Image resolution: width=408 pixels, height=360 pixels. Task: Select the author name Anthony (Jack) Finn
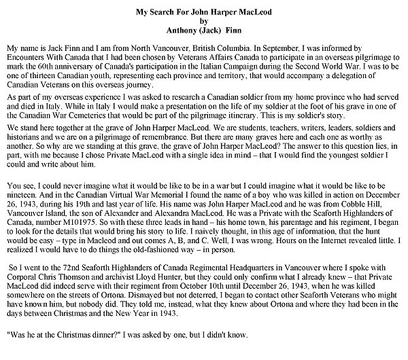tap(203, 31)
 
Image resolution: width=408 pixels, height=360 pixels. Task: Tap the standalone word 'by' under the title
tap(203, 22)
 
